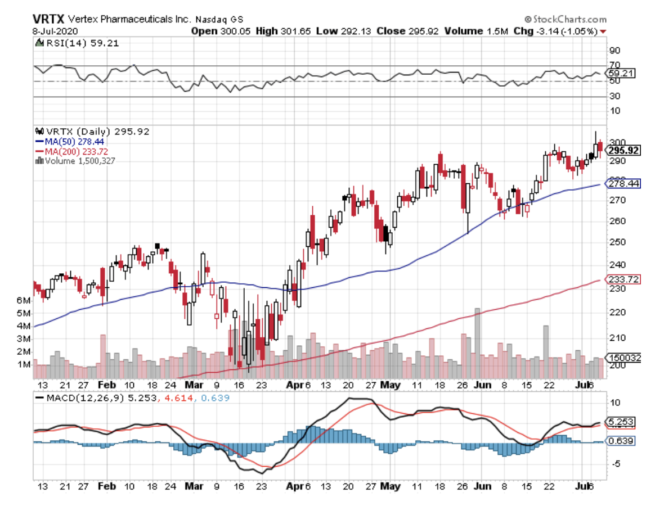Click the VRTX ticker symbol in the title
tap(50, 19)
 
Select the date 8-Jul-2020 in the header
tap(54, 31)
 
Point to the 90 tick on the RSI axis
tap(615, 50)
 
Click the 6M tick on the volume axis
tap(24, 300)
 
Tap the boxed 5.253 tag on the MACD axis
tap(620, 422)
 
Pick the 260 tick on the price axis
tap(618, 221)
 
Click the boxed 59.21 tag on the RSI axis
tap(620, 73)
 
